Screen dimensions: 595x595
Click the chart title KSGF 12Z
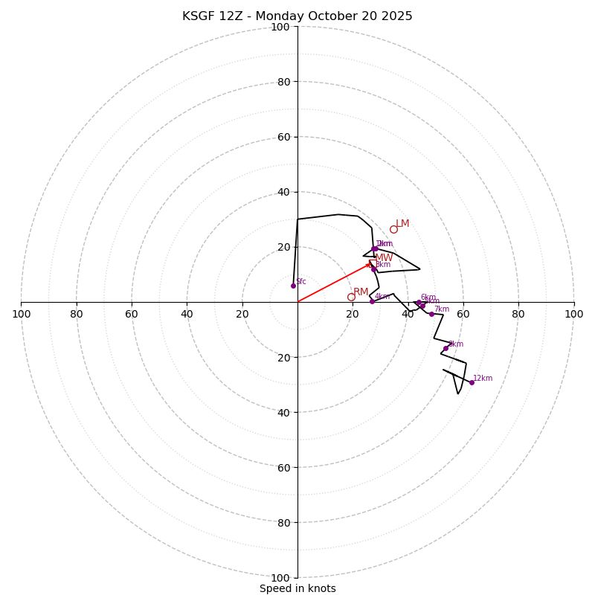coord(297,16)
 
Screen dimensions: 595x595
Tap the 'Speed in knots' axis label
coord(297,588)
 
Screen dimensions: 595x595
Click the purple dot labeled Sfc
coord(293,286)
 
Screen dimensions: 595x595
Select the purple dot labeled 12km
coord(472,382)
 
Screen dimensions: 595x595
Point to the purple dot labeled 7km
coord(431,314)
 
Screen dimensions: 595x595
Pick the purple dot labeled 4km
coord(372,301)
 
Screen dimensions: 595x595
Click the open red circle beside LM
coord(393,229)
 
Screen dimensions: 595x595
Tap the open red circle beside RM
coord(351,297)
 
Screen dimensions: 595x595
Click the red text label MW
coord(384,258)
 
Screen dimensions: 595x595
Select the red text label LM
coord(402,223)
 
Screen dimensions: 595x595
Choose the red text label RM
coord(361,292)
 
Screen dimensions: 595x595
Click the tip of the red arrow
coord(372,263)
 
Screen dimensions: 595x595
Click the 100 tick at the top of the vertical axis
coord(280,27)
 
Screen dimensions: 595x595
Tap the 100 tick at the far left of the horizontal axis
coord(21,314)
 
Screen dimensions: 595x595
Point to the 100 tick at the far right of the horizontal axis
coord(573,314)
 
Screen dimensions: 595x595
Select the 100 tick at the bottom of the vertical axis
coord(280,577)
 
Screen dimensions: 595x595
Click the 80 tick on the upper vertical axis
coord(283,82)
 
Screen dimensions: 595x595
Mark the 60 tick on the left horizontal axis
coord(132,314)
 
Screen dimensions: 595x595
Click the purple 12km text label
coord(483,378)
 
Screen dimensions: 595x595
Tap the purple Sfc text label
coord(301,281)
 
